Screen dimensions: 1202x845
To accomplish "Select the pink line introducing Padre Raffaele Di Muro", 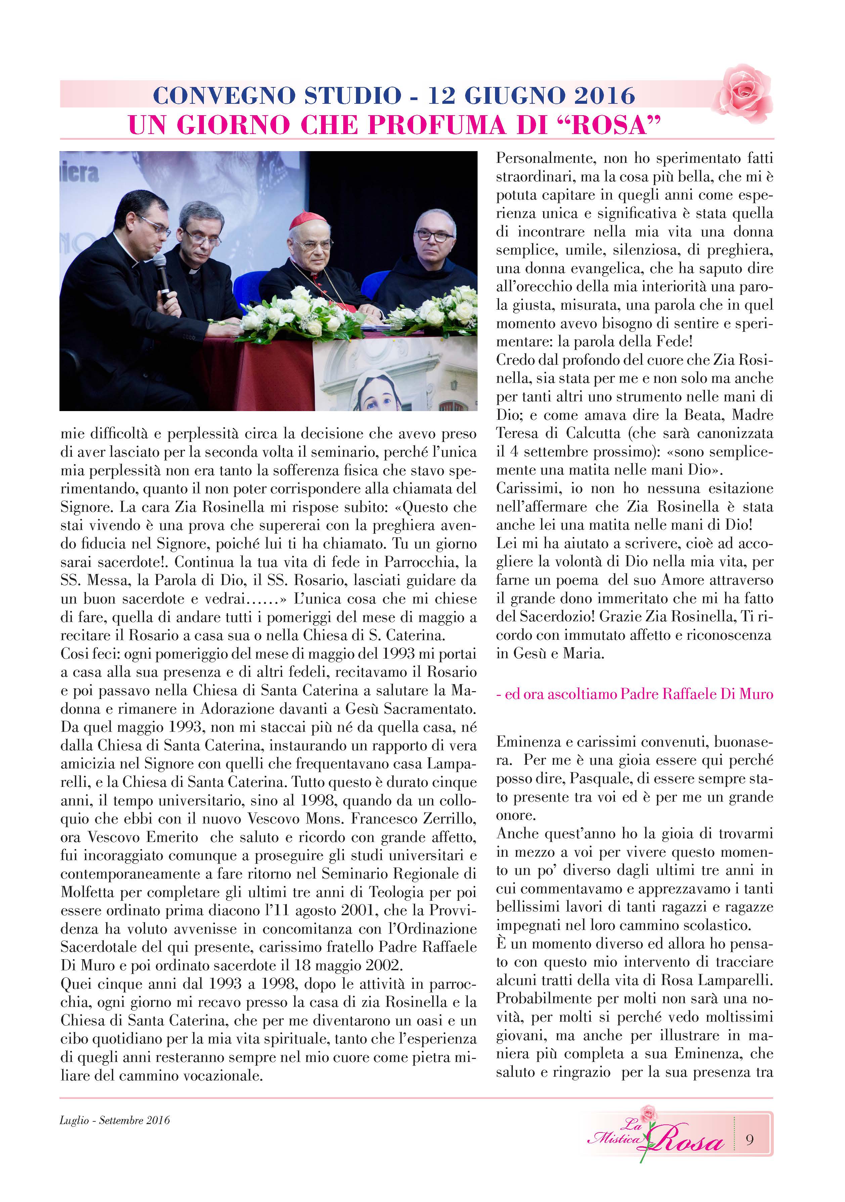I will point(634,694).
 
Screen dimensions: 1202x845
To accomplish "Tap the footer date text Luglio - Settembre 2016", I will point(115,1120).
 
